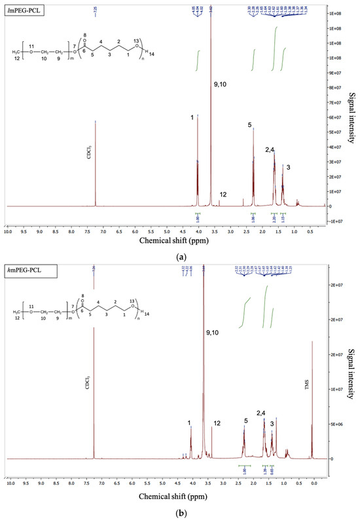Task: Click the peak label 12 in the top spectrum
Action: (223, 195)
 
